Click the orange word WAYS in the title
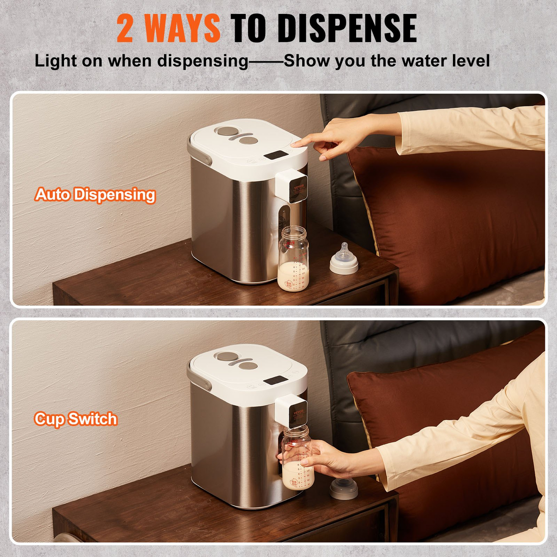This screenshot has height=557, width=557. (x=182, y=28)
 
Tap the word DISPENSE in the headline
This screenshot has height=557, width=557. (x=347, y=28)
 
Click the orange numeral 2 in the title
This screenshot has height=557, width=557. (x=125, y=28)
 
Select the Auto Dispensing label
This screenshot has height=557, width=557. (x=95, y=195)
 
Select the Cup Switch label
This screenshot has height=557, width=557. (x=76, y=419)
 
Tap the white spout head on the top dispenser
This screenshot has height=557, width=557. (x=291, y=187)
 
